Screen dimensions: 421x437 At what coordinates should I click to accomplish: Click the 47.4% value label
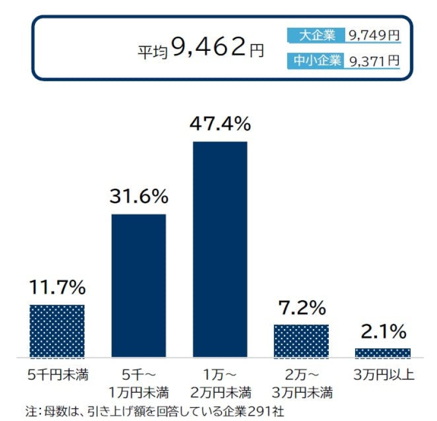pyautogui.click(x=220, y=124)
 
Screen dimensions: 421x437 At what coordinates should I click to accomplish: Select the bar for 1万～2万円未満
pyautogui.click(x=220, y=249)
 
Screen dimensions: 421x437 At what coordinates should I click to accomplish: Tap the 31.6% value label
pyautogui.click(x=139, y=197)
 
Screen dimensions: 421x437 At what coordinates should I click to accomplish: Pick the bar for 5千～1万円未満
pyautogui.click(x=139, y=285)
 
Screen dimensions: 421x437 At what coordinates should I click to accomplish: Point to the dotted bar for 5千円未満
pyautogui.click(x=57, y=331)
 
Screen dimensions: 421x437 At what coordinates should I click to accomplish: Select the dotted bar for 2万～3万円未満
pyautogui.click(x=301, y=341)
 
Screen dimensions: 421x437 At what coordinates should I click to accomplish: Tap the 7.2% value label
pyautogui.click(x=301, y=307)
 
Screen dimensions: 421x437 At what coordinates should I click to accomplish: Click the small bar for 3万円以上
pyautogui.click(x=382, y=353)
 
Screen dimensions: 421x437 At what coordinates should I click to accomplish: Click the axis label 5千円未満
pyautogui.click(x=57, y=375)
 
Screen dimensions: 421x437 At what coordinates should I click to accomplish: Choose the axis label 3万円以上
pyautogui.click(x=382, y=375)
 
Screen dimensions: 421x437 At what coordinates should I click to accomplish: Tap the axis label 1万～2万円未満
pyautogui.click(x=220, y=383)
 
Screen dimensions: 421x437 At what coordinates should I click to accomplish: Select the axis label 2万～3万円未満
pyautogui.click(x=301, y=383)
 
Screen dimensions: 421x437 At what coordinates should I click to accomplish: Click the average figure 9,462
pyautogui.click(x=208, y=48)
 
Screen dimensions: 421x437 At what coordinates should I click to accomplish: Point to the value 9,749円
pyautogui.click(x=374, y=35)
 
